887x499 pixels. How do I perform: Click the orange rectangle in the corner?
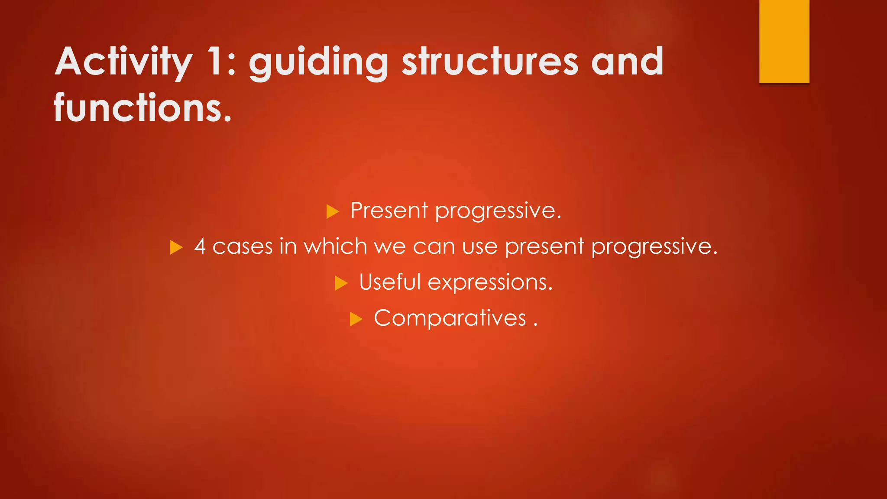coord(784,41)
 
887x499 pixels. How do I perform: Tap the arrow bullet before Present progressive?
coord(332,212)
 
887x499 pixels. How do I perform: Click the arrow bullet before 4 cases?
coord(176,248)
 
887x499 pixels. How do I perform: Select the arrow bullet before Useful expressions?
coord(341,284)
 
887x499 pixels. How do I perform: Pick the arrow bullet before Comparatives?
coord(356,320)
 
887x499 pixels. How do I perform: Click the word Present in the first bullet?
coord(389,211)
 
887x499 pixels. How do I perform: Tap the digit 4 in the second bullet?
coord(200,246)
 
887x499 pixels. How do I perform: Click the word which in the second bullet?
coord(335,246)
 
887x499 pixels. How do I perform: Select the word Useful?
coord(390,282)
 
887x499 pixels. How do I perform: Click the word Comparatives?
coord(450,319)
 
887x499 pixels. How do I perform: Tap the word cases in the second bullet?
coord(243,246)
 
